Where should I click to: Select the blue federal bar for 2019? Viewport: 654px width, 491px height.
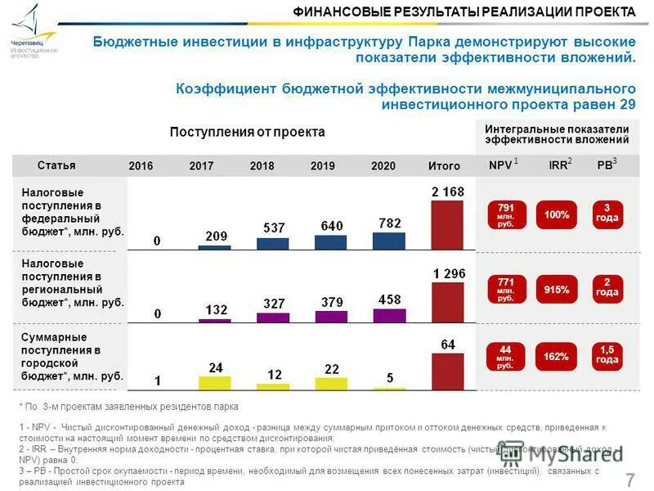(x=331, y=242)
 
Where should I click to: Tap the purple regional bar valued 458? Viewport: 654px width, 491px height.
(x=389, y=315)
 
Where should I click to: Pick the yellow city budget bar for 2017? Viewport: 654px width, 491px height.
(x=214, y=381)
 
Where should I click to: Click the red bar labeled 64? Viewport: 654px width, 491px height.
(x=447, y=371)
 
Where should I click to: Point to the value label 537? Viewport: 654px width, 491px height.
(x=273, y=227)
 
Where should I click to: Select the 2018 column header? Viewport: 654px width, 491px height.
(x=262, y=166)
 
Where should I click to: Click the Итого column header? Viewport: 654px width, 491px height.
(x=444, y=166)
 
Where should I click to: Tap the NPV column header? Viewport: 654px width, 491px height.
(x=500, y=165)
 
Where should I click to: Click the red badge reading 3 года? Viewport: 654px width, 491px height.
(x=607, y=214)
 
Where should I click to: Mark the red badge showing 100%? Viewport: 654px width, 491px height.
(x=556, y=214)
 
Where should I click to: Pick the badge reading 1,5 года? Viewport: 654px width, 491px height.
(x=607, y=355)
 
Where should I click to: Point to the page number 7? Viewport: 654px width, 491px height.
(x=629, y=480)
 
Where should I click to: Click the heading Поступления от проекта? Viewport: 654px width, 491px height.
(x=247, y=132)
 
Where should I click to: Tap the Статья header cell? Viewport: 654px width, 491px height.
(x=56, y=165)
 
